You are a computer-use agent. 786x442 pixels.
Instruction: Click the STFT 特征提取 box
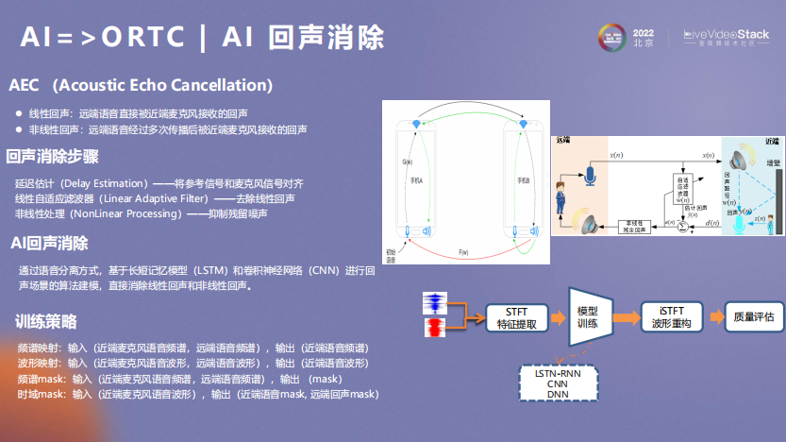pyautogui.click(x=516, y=317)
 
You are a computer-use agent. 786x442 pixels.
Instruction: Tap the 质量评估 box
pyautogui.click(x=752, y=317)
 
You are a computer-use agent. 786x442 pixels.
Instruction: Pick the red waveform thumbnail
pyautogui.click(x=436, y=329)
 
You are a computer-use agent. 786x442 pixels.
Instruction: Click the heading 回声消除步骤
pyautogui.click(x=53, y=157)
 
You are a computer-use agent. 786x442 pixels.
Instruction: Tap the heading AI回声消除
pyautogui.click(x=49, y=244)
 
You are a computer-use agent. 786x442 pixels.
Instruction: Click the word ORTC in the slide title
pyautogui.click(x=134, y=38)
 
